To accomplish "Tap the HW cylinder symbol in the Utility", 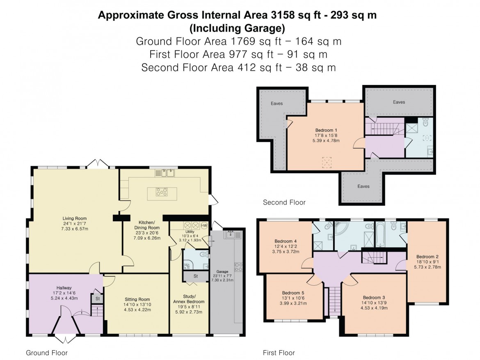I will [x=204, y=225].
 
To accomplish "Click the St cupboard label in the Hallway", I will [x=97, y=299].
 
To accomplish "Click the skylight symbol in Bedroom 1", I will [x=326, y=160].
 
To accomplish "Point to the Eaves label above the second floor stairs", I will [x=399, y=102].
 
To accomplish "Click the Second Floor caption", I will [x=284, y=202].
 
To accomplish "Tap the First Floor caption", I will [x=279, y=353].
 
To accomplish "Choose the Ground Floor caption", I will [x=47, y=353].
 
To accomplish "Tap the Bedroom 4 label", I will [x=286, y=241].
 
